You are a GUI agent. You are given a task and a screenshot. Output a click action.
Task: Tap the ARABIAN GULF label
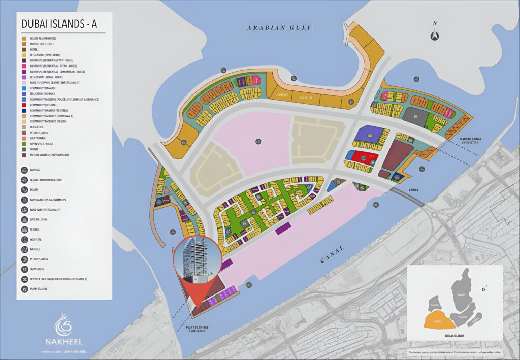coord(279,28)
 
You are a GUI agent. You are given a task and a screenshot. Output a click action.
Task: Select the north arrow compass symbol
coord(434,35)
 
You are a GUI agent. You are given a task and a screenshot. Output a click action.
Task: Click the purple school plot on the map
coord(370,134)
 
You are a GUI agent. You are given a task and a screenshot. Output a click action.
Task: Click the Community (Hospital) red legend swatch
coord(24,105)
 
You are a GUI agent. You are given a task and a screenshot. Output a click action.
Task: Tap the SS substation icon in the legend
coord(25,269)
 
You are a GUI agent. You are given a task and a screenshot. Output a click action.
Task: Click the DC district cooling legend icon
coord(25,279)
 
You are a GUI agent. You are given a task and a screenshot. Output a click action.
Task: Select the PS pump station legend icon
coord(25,289)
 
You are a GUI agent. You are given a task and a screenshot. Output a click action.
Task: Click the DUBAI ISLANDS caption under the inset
coord(454,336)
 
